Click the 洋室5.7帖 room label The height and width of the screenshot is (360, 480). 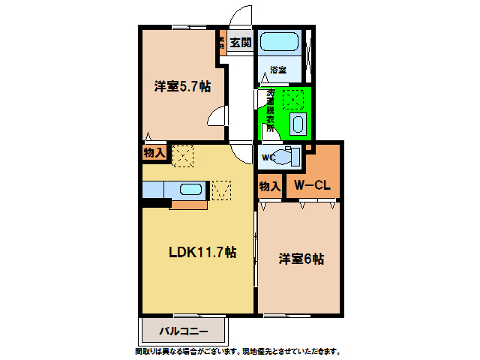coord(182,87)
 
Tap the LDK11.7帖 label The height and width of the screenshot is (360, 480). coord(202,252)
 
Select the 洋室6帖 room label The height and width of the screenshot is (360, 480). coord(301,259)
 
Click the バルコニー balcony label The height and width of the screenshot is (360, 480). coord(182,331)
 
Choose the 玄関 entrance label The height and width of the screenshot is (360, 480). coord(240,43)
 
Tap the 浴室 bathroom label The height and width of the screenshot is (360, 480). coord(279,70)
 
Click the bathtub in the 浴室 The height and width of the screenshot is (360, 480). coord(280,42)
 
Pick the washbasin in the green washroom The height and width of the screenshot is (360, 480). coord(298,124)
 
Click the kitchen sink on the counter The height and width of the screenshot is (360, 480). coord(188,190)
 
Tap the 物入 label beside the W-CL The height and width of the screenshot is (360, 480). coord(269,185)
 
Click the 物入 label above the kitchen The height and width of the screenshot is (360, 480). coord(154,152)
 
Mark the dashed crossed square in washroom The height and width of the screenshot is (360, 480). coord(292,99)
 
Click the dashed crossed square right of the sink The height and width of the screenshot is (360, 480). coord(221,190)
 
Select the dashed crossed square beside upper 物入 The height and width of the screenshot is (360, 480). coord(183,156)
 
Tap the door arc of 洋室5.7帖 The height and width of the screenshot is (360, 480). coord(217,118)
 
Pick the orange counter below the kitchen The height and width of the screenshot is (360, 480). coord(188,205)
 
